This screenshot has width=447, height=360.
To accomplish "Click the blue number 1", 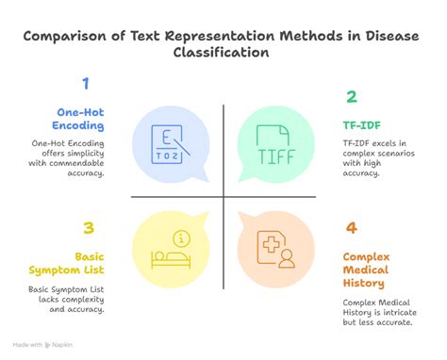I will click(x=86, y=84).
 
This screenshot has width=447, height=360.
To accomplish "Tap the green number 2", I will click(x=352, y=96).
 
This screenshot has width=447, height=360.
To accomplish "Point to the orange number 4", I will click(x=352, y=227).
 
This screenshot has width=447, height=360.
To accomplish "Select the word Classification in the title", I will click(x=223, y=54).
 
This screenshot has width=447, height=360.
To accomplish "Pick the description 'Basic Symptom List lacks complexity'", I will click(x=64, y=298).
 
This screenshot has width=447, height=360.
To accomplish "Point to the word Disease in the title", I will click(x=386, y=36).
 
